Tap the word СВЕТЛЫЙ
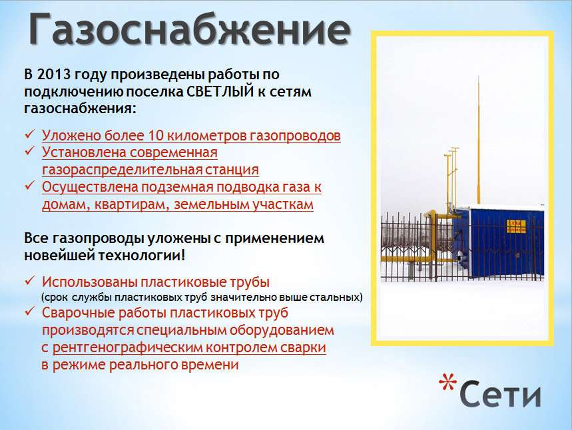tap(220, 91)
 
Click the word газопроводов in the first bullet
tap(295, 136)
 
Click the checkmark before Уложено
tap(30, 134)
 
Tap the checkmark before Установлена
tap(30, 150)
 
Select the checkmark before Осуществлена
tap(30, 185)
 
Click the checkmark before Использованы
tap(30, 280)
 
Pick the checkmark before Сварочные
tap(30, 311)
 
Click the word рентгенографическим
tap(127, 348)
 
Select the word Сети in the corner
tap(500, 394)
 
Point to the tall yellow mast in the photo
tap(479, 140)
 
